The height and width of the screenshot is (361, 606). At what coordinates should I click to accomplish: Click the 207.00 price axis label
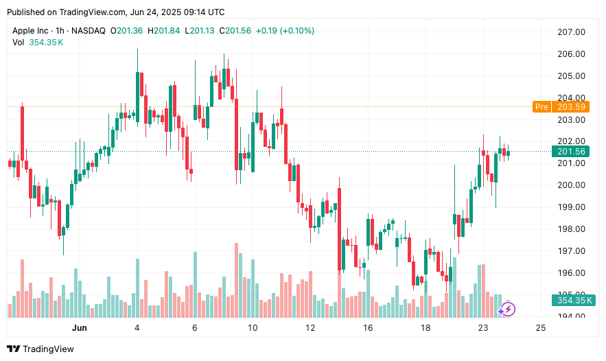[x=570, y=32]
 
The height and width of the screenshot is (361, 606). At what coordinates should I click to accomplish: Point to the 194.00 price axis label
[x=570, y=316]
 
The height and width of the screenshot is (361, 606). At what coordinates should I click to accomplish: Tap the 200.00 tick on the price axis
[x=570, y=185]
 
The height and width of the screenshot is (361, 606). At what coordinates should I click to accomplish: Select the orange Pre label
[x=541, y=106]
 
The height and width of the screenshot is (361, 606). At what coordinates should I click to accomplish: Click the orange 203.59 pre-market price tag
[x=571, y=106]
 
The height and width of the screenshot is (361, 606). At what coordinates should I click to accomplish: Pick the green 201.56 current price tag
[x=571, y=152]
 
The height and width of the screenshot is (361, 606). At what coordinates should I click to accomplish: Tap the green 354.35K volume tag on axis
[x=575, y=300]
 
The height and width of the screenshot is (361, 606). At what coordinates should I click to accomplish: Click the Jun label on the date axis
[x=80, y=328]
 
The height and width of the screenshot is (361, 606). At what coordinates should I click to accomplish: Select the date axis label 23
[x=483, y=328]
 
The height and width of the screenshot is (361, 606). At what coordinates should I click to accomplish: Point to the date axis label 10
[x=253, y=328]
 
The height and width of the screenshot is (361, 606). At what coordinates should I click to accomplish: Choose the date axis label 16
[x=369, y=328]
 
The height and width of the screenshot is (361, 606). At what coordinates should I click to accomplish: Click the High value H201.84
[x=163, y=30]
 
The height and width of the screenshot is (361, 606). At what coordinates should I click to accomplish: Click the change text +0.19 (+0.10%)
[x=285, y=30]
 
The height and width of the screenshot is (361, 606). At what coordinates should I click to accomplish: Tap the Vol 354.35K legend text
[x=38, y=43]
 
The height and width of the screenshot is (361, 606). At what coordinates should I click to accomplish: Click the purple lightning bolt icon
[x=506, y=310]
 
